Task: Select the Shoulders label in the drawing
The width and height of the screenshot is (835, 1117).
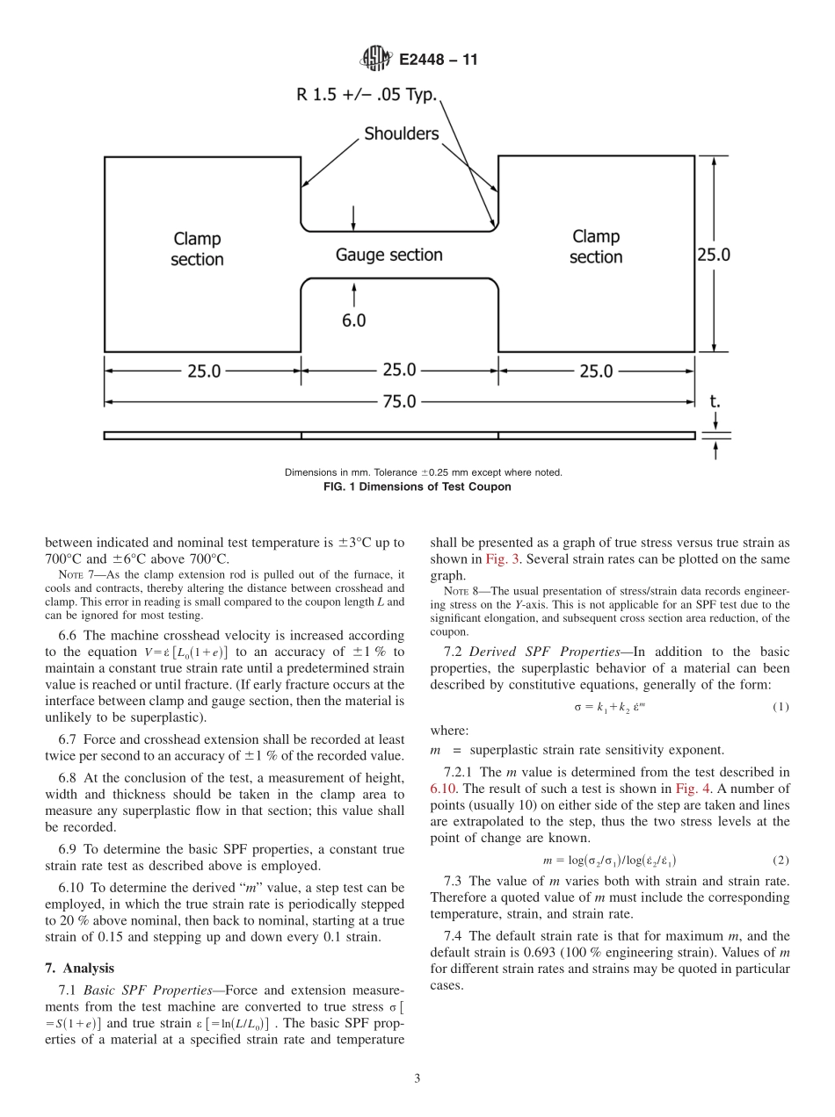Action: (x=402, y=134)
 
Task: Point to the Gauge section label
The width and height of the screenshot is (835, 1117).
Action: (x=388, y=255)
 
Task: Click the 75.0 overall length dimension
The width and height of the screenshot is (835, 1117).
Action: (x=398, y=401)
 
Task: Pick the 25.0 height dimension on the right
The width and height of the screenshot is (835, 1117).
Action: (x=714, y=255)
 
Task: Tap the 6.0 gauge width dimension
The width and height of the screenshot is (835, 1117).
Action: (x=353, y=321)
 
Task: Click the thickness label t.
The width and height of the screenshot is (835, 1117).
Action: (x=715, y=401)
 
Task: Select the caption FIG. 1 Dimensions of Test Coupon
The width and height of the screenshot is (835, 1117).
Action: (x=424, y=486)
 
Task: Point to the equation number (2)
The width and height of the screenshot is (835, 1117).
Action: (x=780, y=861)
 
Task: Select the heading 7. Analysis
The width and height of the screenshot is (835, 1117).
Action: (x=79, y=968)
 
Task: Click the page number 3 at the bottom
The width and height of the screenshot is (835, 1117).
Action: (x=417, y=1079)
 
